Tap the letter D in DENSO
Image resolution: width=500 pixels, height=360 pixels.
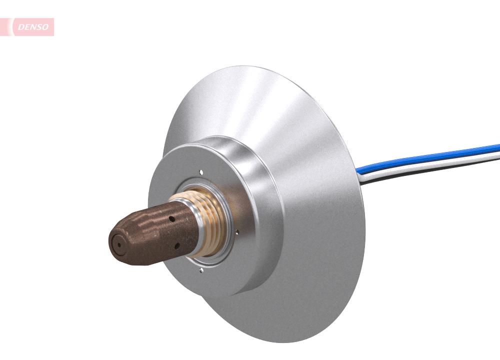point(21,27)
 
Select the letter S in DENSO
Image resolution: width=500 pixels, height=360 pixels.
point(39,27)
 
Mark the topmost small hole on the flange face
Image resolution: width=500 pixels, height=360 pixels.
point(201,172)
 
